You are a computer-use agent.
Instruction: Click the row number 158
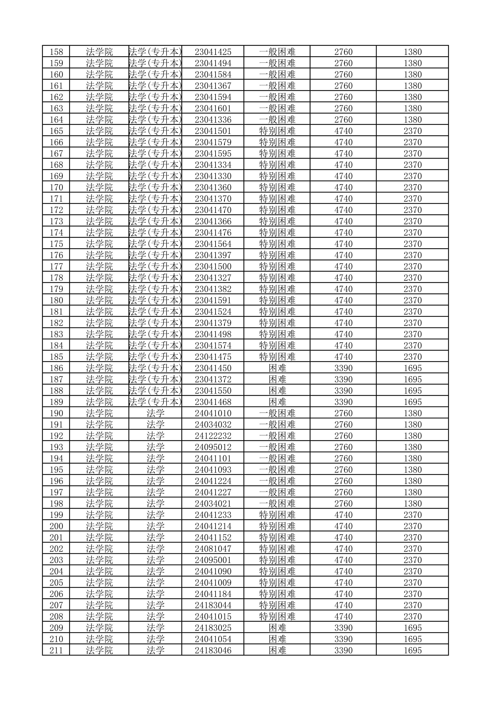[x=56, y=52]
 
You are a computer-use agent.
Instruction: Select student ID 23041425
[x=213, y=52]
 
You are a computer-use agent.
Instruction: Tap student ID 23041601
[x=213, y=108]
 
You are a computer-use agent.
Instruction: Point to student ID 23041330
[x=213, y=176]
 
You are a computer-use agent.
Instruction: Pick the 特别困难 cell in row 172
[x=277, y=210]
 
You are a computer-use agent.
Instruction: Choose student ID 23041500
[x=213, y=267]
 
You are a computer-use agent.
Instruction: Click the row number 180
[x=56, y=300]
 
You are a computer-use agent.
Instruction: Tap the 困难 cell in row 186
[x=277, y=368]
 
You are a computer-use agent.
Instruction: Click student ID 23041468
[x=213, y=402]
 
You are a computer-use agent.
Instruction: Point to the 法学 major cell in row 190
[x=155, y=413]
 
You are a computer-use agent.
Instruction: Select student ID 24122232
[x=213, y=436]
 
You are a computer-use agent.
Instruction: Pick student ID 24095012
[x=213, y=447]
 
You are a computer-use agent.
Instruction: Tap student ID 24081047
[x=213, y=549]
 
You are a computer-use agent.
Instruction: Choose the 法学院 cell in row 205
[x=99, y=583]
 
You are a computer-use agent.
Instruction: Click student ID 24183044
[x=213, y=605]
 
